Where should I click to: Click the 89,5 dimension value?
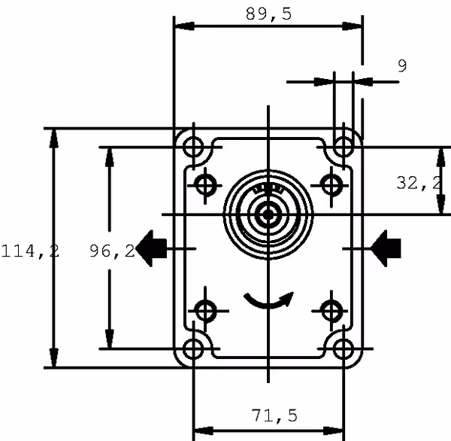pyautogui.click(x=268, y=14)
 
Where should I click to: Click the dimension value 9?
pyautogui.click(x=402, y=66)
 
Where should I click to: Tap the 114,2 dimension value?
pyautogui.click(x=30, y=251)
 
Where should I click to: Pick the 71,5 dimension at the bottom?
pyautogui.click(x=274, y=415)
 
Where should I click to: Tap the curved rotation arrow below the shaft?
pyautogui.click(x=268, y=302)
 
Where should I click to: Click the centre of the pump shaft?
pyautogui.click(x=268, y=215)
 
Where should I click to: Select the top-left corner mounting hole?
pyautogui.click(x=194, y=145)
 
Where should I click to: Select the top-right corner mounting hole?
pyautogui.click(x=344, y=145)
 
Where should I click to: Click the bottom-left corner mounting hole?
pyautogui.click(x=194, y=348)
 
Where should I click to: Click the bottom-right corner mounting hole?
pyautogui.click(x=344, y=348)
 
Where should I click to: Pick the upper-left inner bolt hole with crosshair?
pyautogui.click(x=206, y=183)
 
